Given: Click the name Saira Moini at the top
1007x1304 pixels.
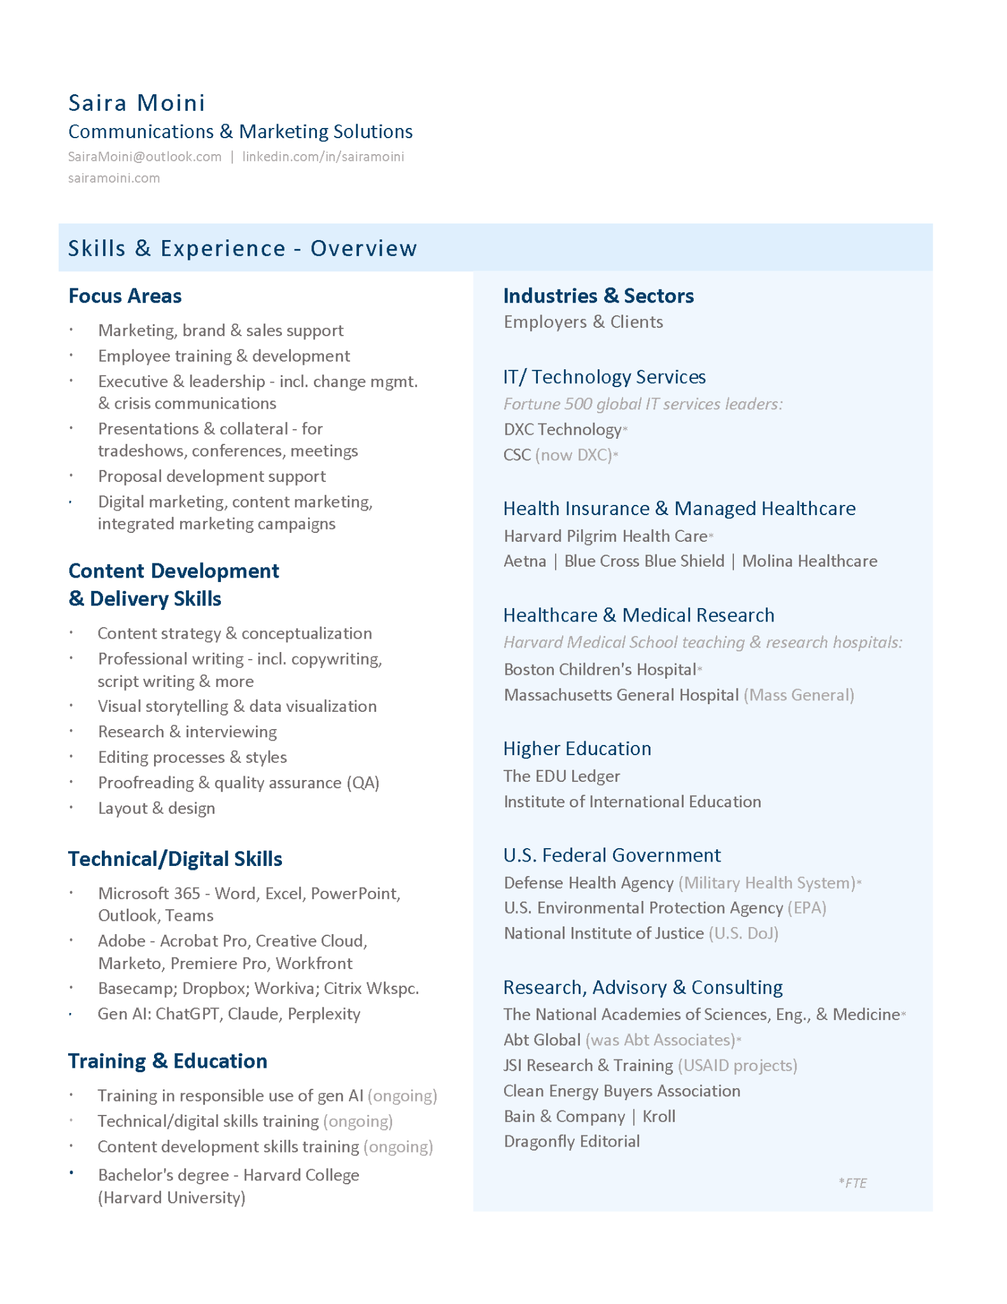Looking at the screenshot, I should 137,103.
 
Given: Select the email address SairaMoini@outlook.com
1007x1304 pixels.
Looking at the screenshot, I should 144,157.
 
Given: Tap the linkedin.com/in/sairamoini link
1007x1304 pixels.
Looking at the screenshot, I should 323,157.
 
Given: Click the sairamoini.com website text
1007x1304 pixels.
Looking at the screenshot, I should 114,178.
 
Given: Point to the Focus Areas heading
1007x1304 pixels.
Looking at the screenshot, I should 125,296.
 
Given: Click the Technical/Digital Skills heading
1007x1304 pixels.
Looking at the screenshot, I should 175,859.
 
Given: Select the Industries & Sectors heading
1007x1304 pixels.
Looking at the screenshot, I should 598,296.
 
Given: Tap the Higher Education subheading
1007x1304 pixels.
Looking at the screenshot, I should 577,749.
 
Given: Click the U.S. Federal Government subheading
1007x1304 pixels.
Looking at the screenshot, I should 612,855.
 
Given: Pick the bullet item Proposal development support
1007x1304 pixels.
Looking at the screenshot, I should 211,476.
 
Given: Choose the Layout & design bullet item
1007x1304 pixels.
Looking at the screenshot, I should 156,808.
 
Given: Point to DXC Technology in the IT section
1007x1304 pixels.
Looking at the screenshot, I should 562,430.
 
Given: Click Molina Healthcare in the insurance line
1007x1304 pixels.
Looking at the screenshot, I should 810,561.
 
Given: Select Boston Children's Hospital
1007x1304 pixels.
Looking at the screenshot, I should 600,669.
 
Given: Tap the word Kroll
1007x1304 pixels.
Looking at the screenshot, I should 659,1116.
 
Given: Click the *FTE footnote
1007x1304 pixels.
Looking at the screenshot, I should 852,1183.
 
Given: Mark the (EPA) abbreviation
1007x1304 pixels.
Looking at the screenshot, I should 806,908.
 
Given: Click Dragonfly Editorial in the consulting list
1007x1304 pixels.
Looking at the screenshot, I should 571,1141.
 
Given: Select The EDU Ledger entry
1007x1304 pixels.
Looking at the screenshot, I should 561,776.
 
